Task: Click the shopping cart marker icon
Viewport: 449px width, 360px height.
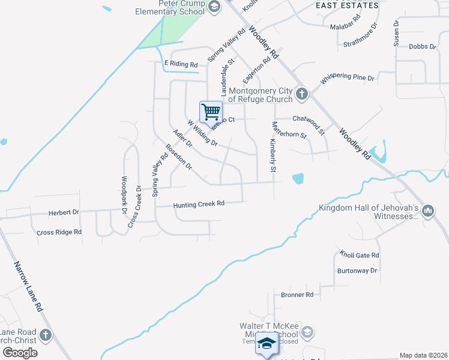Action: click(211, 112)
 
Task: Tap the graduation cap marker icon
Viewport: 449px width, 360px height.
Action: click(267, 343)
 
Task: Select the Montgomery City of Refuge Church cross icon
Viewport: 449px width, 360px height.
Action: click(301, 94)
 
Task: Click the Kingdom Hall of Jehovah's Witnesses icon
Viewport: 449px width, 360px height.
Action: click(428, 211)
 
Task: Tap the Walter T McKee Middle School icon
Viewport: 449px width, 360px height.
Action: click(307, 332)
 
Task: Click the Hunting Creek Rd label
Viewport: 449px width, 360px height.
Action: click(199, 205)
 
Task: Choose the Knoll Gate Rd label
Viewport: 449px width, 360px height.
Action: click(360, 255)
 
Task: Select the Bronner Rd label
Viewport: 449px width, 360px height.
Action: click(297, 295)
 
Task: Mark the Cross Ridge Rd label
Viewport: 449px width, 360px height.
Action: click(59, 232)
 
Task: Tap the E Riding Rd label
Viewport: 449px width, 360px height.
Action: click(181, 64)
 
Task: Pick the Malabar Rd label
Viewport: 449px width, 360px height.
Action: click(345, 26)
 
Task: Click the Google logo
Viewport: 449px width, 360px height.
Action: click(20, 352)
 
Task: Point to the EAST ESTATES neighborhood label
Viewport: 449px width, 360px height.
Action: click(347, 5)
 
